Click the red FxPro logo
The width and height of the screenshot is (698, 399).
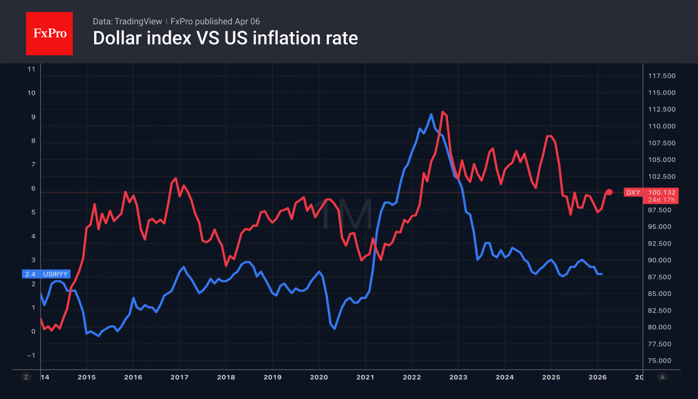[x=49, y=34]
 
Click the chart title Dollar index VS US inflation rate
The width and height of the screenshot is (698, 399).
[x=225, y=38]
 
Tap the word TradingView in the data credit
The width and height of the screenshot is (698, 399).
[x=138, y=21]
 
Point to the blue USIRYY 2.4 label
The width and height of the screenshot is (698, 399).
[x=46, y=274]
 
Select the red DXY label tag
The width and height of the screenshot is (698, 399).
[x=633, y=192]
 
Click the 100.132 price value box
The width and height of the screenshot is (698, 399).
[x=662, y=192]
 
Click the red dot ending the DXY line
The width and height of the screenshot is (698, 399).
[x=609, y=192]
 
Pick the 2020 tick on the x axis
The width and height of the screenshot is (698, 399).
[x=319, y=377]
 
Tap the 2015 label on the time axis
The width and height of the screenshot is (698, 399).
[x=87, y=377]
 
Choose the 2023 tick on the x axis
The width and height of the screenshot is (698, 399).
[x=458, y=377]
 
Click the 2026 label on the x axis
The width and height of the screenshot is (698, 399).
[x=598, y=377]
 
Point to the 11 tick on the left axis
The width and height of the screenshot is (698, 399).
[x=31, y=69]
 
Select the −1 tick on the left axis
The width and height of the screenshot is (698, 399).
[x=31, y=355]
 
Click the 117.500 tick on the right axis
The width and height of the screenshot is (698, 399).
[x=662, y=76]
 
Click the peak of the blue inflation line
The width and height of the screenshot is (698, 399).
[x=431, y=115]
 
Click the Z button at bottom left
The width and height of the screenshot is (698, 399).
[x=26, y=377]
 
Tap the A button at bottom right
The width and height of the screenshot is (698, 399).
[x=662, y=377]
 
